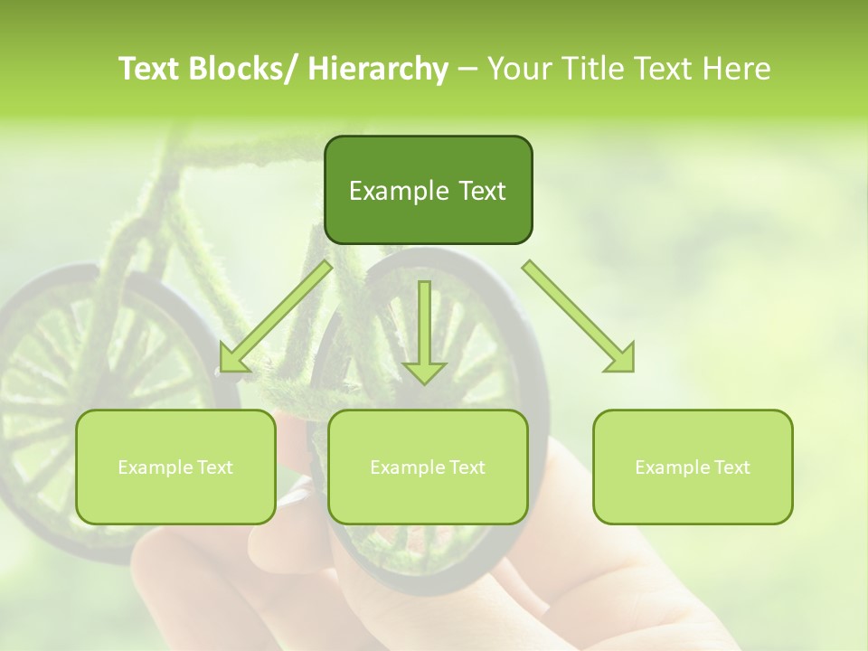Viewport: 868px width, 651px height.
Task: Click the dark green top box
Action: tap(428, 190)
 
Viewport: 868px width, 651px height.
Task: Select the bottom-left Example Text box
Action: tap(175, 467)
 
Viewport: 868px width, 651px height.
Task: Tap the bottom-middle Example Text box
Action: tap(428, 467)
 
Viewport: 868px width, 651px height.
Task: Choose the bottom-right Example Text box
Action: tap(693, 467)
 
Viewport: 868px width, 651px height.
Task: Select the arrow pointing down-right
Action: tap(579, 316)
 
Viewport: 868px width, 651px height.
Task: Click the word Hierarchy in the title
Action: tap(378, 70)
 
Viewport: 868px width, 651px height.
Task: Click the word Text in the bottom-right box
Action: tap(731, 467)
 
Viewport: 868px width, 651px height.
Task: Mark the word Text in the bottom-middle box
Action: tap(466, 467)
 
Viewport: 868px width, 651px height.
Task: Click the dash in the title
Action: tap(467, 70)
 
